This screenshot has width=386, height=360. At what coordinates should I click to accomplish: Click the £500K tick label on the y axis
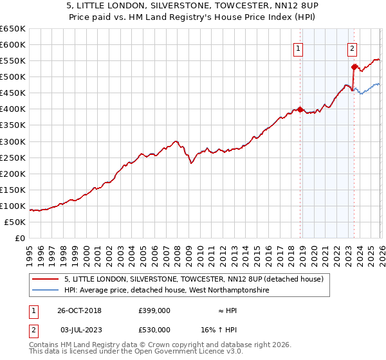pyautogui.click(x=13, y=76)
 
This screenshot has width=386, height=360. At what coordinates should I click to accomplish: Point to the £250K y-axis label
pyautogui.click(x=13, y=157)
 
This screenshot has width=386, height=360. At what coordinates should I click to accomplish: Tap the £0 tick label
pyautogui.click(x=19, y=238)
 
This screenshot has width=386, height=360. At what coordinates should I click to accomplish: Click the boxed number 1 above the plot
pyautogui.click(x=299, y=48)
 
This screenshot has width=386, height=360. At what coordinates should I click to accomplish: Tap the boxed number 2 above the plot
pyautogui.click(x=353, y=48)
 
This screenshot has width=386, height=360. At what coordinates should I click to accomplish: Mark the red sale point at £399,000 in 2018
pyautogui.click(x=300, y=109)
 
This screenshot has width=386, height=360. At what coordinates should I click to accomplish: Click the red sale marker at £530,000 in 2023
pyautogui.click(x=353, y=67)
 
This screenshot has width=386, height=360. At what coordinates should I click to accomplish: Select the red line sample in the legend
pyautogui.click(x=45, y=279)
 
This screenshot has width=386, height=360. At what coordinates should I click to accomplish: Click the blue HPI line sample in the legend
pyautogui.click(x=45, y=291)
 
